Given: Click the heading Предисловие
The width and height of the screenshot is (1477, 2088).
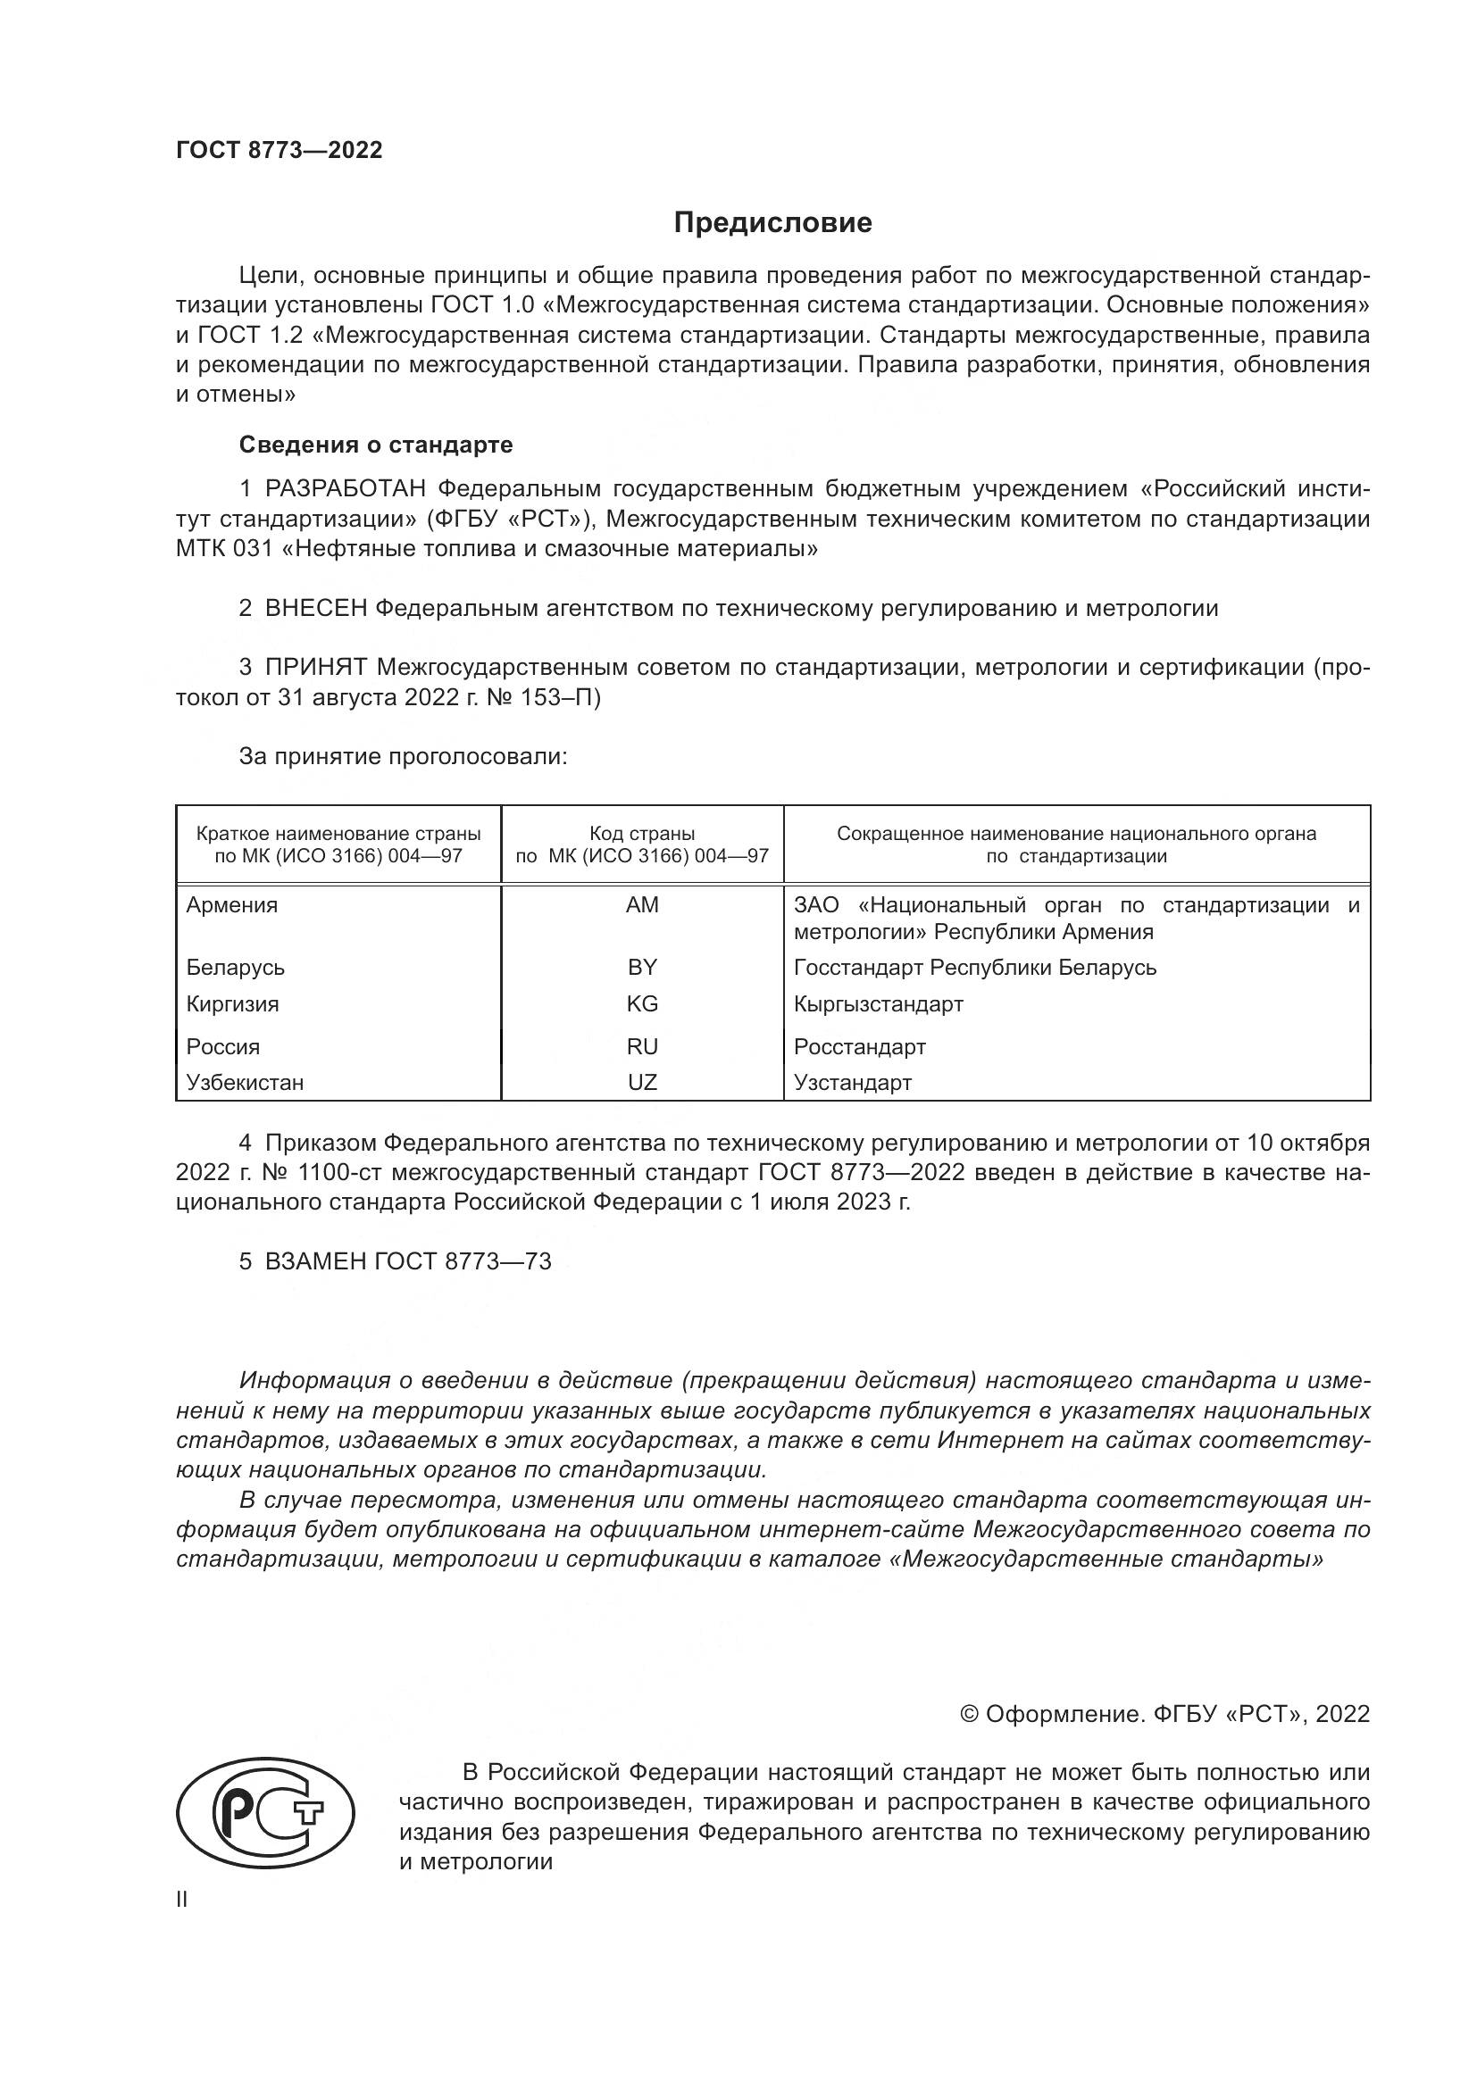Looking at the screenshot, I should coord(772,223).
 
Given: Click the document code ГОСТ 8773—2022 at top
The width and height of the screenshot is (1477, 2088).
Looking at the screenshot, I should coord(280,151).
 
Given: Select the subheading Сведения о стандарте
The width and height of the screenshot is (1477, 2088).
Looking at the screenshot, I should coord(376,445).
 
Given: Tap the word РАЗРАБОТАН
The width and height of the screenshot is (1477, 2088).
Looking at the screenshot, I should coord(345,489).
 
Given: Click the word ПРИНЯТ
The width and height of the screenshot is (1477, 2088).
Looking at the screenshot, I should coord(315,668).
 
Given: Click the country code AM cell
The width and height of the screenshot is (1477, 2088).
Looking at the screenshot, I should coord(642,905).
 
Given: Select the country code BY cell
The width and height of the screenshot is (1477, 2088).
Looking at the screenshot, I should coord(642,967).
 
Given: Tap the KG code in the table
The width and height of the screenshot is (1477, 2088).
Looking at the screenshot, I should coord(642,1004).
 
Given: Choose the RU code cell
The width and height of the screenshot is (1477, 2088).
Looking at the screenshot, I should coord(642,1047).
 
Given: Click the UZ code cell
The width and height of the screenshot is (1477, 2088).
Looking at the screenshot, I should coord(642,1082).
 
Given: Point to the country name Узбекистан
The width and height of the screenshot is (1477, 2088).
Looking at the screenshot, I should coord(245,1082).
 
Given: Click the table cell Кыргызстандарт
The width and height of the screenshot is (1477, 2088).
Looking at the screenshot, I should coord(878,1004).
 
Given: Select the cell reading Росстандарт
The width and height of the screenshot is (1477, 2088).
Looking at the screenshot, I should coord(859,1047).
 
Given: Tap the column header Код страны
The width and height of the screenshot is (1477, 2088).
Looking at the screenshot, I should coord(642,834).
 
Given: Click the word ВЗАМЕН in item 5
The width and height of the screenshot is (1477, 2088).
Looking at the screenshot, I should coord(315,1261).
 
